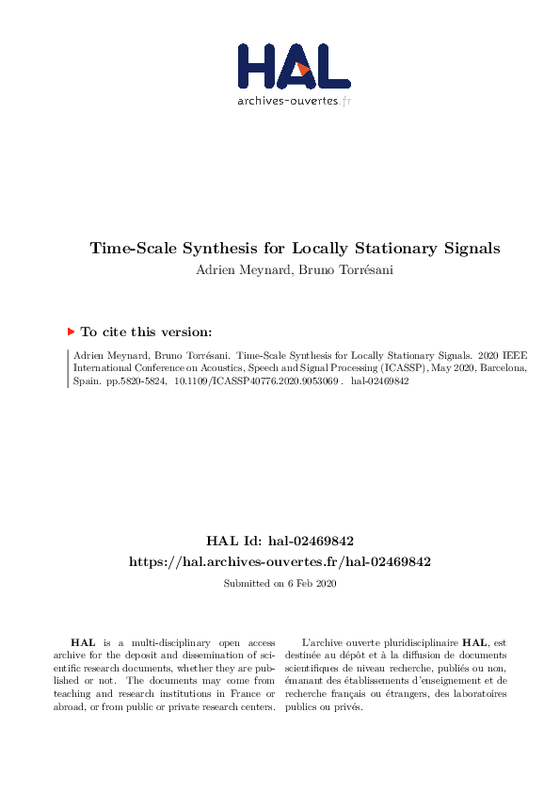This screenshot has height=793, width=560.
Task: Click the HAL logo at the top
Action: pos(293,68)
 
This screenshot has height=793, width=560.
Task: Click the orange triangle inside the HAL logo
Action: pos(302,69)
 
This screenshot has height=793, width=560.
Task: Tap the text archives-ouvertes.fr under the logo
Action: pos(294,100)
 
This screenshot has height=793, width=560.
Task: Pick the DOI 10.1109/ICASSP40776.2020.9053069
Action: pos(257,384)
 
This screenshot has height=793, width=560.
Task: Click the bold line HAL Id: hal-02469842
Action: pos(280,542)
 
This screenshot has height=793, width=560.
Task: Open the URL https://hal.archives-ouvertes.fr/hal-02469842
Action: pos(280,561)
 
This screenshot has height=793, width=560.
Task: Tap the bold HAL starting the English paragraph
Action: pos(83,641)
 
